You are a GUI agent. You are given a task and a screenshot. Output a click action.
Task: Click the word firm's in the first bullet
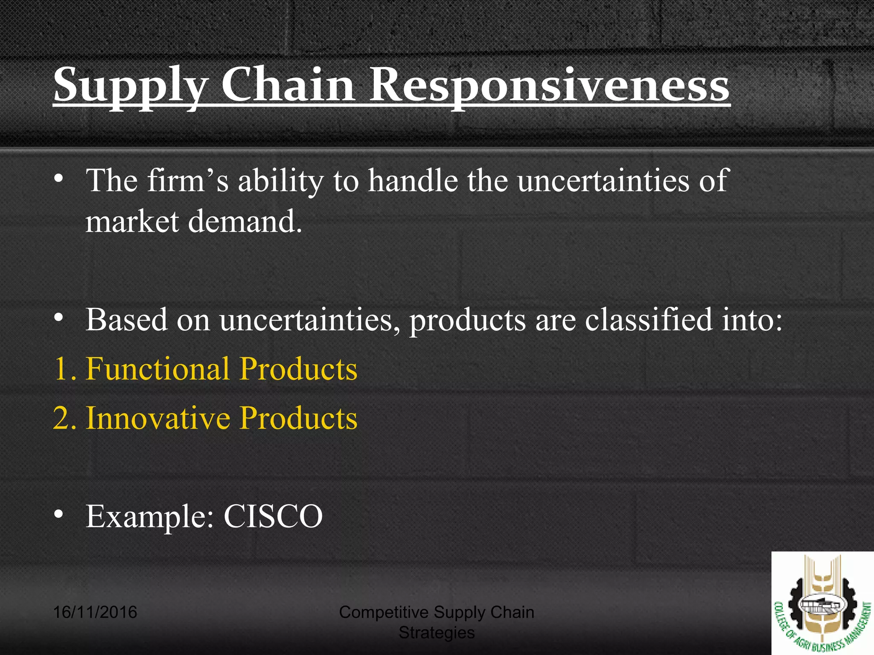click(x=187, y=181)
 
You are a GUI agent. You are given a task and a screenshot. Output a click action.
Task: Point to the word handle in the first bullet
click(x=413, y=181)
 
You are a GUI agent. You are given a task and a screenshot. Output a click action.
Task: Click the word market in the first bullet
click(x=132, y=222)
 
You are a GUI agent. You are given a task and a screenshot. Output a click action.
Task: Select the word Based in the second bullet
click(x=126, y=320)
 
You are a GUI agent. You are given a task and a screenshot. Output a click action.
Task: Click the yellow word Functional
click(x=157, y=369)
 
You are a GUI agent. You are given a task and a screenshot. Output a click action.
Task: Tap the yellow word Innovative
click(x=157, y=418)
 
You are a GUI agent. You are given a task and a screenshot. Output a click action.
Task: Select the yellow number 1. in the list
click(x=65, y=369)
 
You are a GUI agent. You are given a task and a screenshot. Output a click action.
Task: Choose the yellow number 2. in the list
click(x=65, y=418)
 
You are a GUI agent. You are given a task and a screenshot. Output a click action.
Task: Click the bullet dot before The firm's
click(x=59, y=179)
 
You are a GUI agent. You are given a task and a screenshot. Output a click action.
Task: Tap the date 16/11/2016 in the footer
click(x=95, y=612)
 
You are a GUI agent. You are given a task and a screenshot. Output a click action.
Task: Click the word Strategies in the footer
click(x=436, y=633)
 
